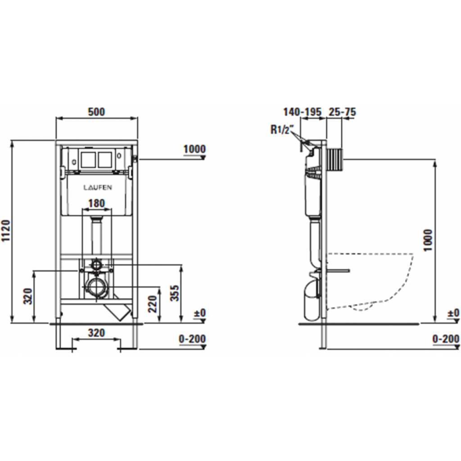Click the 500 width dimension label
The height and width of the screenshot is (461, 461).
(96, 112)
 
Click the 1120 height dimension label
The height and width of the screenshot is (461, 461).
(6, 231)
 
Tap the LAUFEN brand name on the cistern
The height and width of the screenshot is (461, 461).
(98, 188)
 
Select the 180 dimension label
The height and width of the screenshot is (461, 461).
(97, 203)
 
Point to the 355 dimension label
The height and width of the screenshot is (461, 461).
(175, 293)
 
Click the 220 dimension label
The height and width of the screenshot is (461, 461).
(153, 304)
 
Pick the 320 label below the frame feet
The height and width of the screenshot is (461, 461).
(97, 333)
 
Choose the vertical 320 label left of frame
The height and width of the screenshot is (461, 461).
(27, 296)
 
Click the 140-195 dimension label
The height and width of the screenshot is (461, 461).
(303, 112)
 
